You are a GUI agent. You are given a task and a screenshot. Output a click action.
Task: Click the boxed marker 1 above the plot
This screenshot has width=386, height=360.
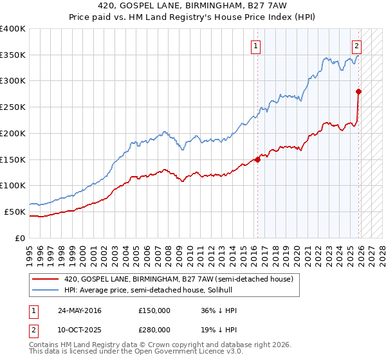tap(256, 46)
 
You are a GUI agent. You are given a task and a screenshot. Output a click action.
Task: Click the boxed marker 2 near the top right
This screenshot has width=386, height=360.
tap(356, 46)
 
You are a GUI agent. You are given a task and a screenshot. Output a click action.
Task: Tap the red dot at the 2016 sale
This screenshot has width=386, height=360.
tap(258, 159)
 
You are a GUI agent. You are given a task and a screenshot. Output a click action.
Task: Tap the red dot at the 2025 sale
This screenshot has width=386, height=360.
tap(358, 91)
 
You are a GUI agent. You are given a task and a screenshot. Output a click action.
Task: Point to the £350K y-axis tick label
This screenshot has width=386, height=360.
tap(13, 55)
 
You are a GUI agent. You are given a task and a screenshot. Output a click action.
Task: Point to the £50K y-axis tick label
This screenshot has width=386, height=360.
tap(15, 212)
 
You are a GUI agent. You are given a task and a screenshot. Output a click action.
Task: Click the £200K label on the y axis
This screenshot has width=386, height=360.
tap(13, 133)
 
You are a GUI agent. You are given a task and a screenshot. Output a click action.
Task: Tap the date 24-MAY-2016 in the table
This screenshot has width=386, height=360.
tap(80, 310)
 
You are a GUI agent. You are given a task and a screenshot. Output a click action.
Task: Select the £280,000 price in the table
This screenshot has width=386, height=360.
tap(154, 329)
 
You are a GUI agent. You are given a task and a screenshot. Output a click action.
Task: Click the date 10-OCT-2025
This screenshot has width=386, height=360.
tap(80, 329)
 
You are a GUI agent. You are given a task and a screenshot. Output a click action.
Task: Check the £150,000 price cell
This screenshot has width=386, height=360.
tap(154, 310)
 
